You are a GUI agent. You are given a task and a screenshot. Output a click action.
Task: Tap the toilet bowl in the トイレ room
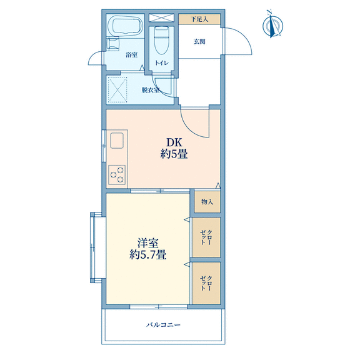[x=162, y=41]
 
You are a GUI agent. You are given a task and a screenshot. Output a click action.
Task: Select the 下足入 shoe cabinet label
[x=199, y=19]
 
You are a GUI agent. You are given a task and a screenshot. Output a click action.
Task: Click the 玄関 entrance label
[x=199, y=42]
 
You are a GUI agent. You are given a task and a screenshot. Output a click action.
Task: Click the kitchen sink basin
[x=117, y=141]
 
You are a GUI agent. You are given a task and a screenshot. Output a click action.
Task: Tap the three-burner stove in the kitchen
[x=117, y=175]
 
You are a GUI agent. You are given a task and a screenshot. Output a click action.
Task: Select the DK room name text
[x=174, y=142]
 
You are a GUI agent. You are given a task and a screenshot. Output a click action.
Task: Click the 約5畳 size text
[x=174, y=154]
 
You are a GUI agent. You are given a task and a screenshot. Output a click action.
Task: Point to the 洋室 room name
[x=148, y=243]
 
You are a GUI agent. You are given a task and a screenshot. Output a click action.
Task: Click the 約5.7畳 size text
[x=148, y=254]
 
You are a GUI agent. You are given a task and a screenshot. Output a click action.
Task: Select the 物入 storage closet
[x=207, y=202]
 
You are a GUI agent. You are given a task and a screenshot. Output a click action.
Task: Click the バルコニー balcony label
[x=164, y=325]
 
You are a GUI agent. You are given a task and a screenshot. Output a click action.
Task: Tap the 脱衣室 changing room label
[x=151, y=90]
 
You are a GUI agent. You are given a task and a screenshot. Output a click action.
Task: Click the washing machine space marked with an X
[x=117, y=89]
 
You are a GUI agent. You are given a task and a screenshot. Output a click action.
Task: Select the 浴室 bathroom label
[x=131, y=55]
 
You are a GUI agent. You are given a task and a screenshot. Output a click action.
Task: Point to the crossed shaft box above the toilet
[x=161, y=17]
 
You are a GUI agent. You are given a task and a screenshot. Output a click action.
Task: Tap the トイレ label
[x=162, y=63]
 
